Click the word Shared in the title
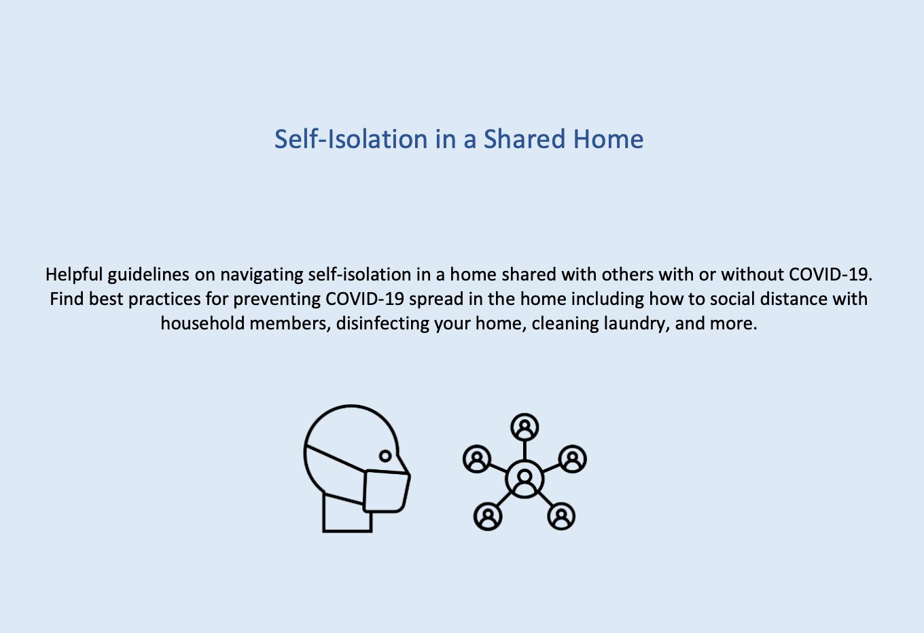click(x=525, y=139)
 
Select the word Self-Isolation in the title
click(x=351, y=139)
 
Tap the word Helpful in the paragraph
click(x=74, y=274)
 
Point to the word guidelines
click(x=149, y=274)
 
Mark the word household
click(x=202, y=323)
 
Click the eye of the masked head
click(x=385, y=456)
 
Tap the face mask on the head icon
click(x=386, y=491)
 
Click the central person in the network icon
click(x=525, y=479)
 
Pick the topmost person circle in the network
click(x=525, y=427)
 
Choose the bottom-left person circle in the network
click(x=488, y=516)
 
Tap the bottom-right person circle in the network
click(x=561, y=516)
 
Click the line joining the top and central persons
click(x=525, y=450)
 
